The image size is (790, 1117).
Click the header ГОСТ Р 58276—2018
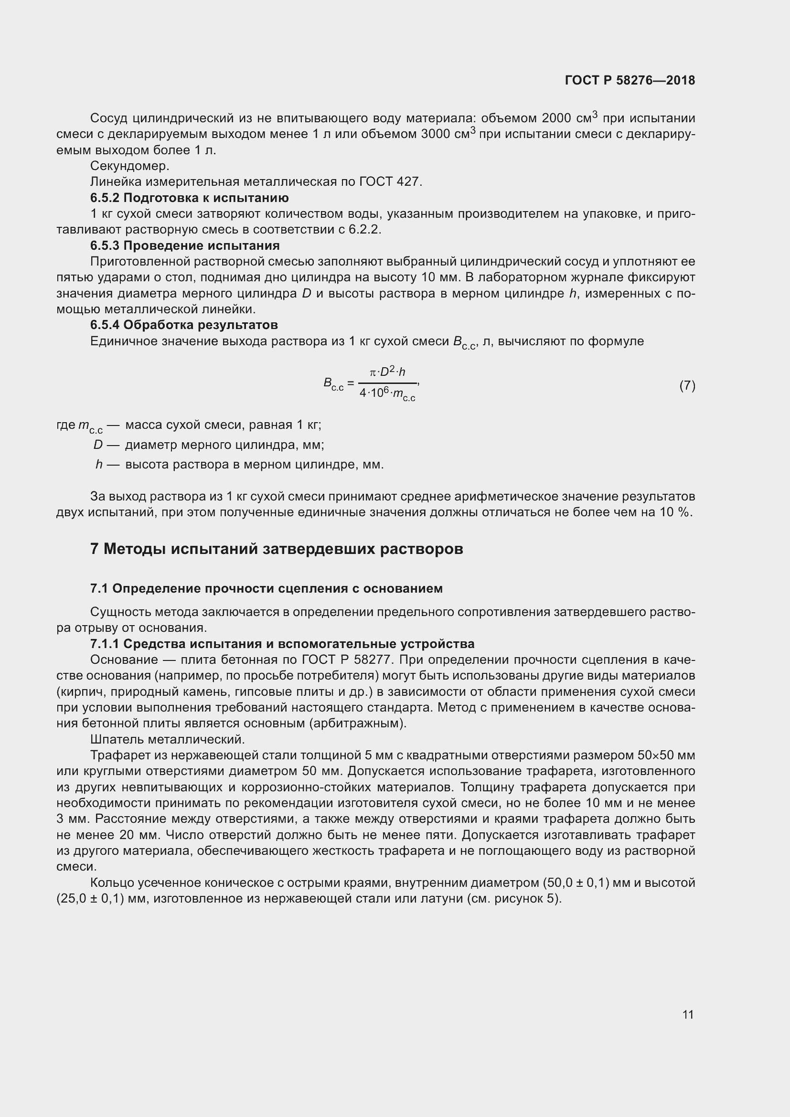tap(630, 80)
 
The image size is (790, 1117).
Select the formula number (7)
tap(687, 386)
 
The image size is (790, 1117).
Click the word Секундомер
tap(129, 166)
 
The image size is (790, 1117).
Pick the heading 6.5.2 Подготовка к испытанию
tap(189, 198)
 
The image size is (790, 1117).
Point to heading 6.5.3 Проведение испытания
tap(185, 245)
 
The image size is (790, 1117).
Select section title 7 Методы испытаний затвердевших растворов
tap(276, 549)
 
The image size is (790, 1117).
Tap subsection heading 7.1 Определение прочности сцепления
tap(266, 589)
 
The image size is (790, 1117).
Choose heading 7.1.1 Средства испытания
tap(282, 644)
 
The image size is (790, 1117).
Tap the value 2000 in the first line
tap(557, 118)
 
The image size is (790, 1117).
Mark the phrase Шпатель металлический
tap(167, 740)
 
